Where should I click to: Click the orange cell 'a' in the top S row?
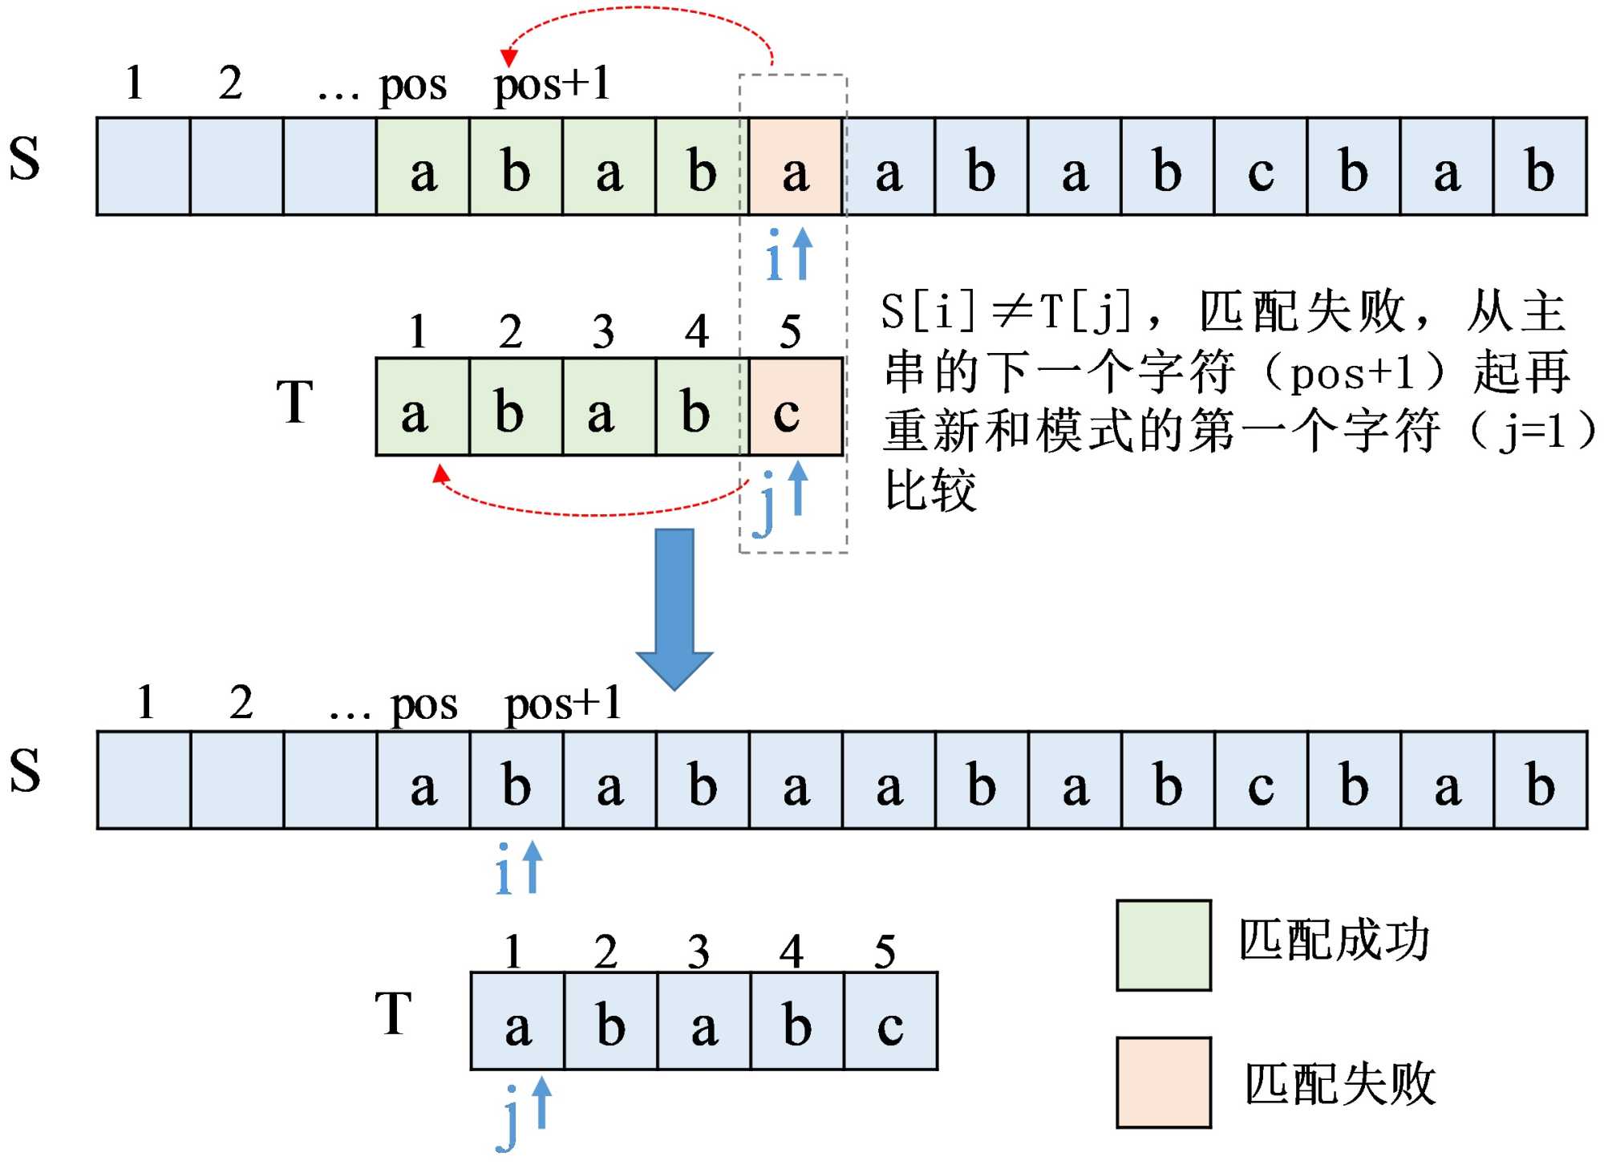(x=795, y=167)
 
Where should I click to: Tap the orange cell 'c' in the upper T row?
(x=795, y=408)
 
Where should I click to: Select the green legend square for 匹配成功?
(x=1163, y=945)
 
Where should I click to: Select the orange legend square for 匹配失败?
(x=1163, y=1082)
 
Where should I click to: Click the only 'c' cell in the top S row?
(x=1261, y=167)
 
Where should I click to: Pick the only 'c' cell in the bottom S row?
(x=1261, y=781)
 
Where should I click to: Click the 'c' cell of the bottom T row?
(x=890, y=1021)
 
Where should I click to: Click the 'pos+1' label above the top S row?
(x=552, y=85)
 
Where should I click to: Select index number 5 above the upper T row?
(x=790, y=331)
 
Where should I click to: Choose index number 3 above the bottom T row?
(x=698, y=952)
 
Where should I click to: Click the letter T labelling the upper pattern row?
(x=294, y=401)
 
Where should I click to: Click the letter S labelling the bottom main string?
(x=25, y=770)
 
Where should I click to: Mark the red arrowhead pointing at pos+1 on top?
(x=508, y=58)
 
